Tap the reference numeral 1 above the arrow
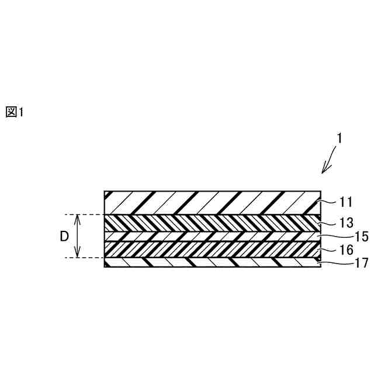(x=339, y=138)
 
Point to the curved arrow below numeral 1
(x=330, y=161)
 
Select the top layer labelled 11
(x=212, y=202)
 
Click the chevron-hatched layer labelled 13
(x=212, y=223)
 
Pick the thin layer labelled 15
(x=212, y=236)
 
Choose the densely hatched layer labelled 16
(x=212, y=248)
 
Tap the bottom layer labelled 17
(x=212, y=262)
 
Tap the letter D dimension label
(x=65, y=237)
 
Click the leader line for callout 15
(x=327, y=236)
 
